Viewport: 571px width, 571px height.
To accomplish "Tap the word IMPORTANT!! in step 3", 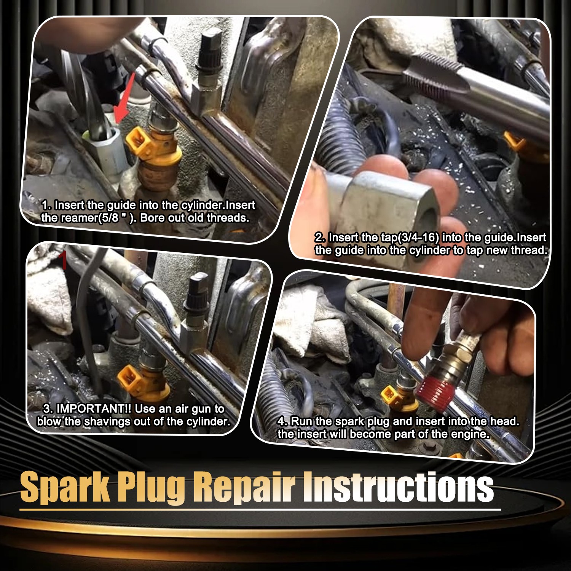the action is [94, 409].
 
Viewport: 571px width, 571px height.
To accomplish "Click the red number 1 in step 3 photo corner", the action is [64, 260].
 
